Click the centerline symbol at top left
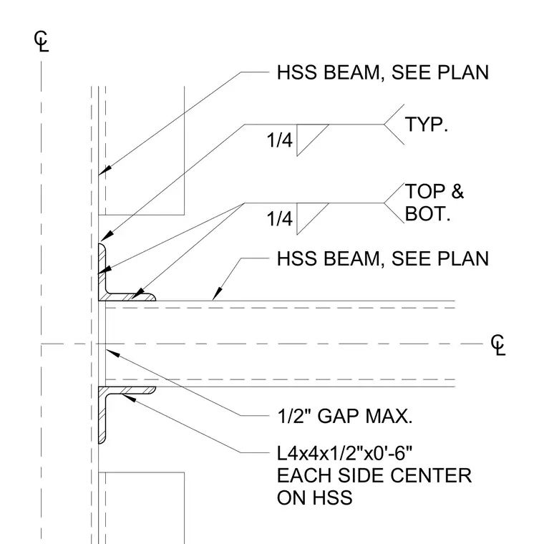(x=42, y=42)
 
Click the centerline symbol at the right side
(x=498, y=345)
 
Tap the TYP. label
(x=427, y=125)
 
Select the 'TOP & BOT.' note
(x=434, y=203)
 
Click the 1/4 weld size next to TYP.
(x=280, y=140)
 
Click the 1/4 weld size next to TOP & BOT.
(x=280, y=219)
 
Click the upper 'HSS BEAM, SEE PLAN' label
(x=383, y=73)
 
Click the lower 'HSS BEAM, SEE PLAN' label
(x=383, y=259)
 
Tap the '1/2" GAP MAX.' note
(x=345, y=416)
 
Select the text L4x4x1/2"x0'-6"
(x=344, y=453)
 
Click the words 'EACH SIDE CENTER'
(x=374, y=476)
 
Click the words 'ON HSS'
(x=315, y=498)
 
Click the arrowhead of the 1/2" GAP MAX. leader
(x=113, y=353)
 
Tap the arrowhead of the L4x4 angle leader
(x=129, y=398)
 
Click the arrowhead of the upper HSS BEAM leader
(x=105, y=170)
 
